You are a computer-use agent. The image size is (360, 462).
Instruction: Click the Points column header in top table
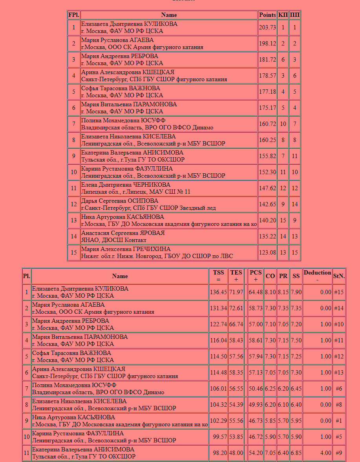pos(267,15)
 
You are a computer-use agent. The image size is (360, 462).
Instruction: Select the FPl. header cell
pos(73,15)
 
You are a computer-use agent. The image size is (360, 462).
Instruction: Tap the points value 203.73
pos(267,27)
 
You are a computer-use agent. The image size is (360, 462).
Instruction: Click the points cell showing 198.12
pos(267,44)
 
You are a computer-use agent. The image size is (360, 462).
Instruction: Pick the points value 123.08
pos(267,253)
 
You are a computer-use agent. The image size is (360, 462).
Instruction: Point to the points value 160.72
pos(267,124)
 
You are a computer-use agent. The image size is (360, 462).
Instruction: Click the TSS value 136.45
pos(218,292)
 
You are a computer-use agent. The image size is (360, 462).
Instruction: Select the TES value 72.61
pos(236,308)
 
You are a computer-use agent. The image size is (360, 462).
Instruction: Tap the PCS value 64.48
pos(256,292)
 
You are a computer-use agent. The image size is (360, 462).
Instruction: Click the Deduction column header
pos(317,276)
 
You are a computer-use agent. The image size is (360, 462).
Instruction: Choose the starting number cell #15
pos(338,292)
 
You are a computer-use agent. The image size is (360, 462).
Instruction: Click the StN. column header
pos(339,276)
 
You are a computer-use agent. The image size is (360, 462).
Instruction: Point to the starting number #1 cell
pos(338,421)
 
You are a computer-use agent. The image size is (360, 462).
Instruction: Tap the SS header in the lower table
pos(296,276)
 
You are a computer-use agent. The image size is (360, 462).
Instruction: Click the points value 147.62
pos(267,188)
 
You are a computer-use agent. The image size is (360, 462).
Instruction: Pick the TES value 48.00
pos(236,453)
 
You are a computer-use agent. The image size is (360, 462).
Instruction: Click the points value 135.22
pos(267,236)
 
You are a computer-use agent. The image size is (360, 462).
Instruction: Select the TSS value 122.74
pos(218,324)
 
